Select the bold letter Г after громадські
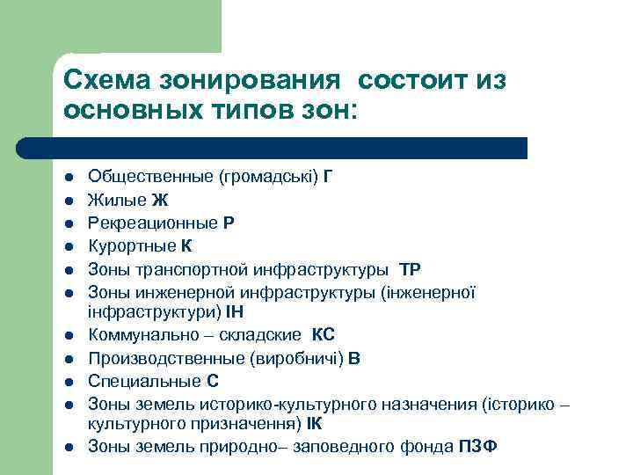(328, 176)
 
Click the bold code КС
(324, 335)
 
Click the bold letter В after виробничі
(354, 358)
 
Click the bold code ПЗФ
(478, 445)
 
